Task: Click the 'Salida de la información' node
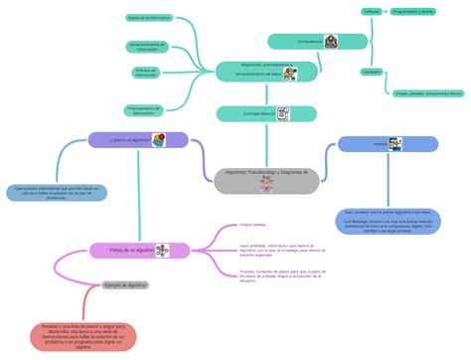[x=148, y=18]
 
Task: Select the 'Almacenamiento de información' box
[x=147, y=47]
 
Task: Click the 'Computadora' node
[x=310, y=42]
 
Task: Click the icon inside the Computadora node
[x=330, y=42]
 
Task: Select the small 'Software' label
[x=372, y=12]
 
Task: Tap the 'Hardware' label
[x=372, y=72]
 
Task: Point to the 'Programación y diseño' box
[x=412, y=12]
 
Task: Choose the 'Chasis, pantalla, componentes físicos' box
[x=427, y=92]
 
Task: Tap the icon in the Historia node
[x=396, y=144]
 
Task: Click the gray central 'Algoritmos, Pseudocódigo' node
[x=267, y=179]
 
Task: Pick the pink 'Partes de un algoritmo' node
[x=133, y=251]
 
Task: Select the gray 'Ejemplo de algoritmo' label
[x=125, y=285]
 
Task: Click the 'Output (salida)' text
[x=252, y=225]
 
